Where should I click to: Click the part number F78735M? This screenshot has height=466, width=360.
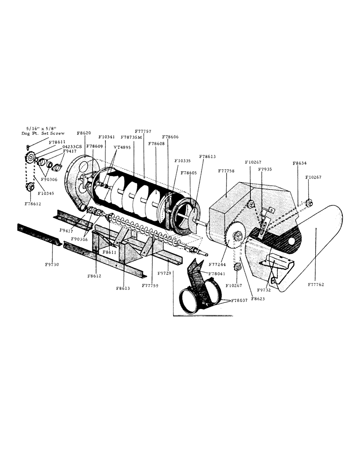point(131,137)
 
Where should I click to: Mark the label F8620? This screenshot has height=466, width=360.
point(84,133)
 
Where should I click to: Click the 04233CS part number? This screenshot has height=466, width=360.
point(72,146)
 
